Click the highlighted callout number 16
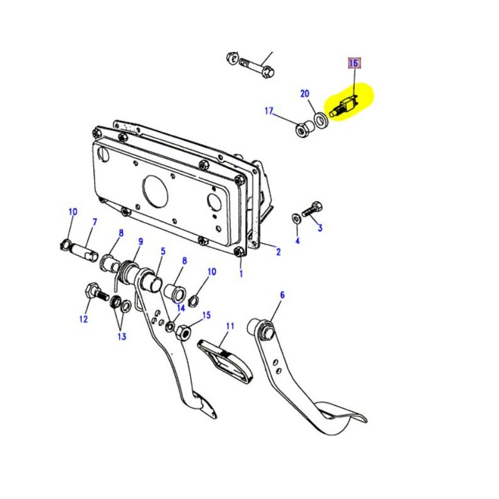(x=354, y=63)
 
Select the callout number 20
(x=305, y=94)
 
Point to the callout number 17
(x=269, y=112)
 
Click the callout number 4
(x=298, y=240)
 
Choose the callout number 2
(x=278, y=252)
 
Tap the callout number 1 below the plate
(x=241, y=273)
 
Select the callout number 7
(x=95, y=222)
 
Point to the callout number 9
(x=140, y=241)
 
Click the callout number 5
(x=163, y=251)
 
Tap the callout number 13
(x=121, y=336)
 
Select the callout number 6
(x=281, y=295)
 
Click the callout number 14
(x=181, y=308)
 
